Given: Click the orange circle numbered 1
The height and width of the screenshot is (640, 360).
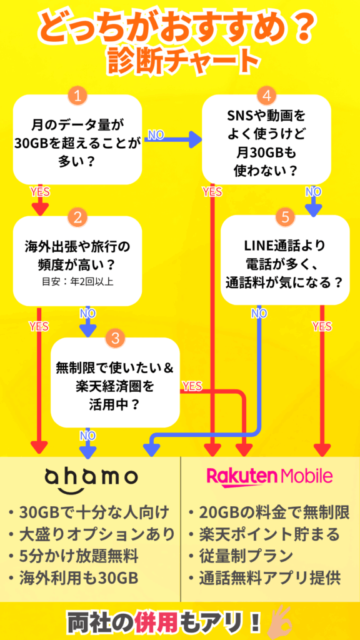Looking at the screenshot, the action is coord(77,97).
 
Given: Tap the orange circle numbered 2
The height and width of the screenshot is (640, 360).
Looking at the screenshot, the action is coord(77,217).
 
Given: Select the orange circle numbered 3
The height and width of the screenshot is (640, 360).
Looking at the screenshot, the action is coord(115,338).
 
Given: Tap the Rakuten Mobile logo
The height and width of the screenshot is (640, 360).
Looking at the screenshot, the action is coord(269,476).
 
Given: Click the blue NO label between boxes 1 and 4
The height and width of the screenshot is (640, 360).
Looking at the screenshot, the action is coord(155,135).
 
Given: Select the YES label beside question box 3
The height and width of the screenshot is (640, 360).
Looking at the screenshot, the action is coord(192,386).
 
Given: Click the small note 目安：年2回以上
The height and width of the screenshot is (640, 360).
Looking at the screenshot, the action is coord(77,281).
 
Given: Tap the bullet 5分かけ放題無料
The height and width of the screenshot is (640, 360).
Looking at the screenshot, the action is coord(74,556).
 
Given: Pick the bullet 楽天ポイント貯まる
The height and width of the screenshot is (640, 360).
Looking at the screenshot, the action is coord(264,534).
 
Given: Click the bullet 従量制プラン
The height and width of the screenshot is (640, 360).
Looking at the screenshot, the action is coord(241,556).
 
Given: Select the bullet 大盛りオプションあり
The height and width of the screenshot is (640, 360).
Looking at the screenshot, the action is coord(92,534).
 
